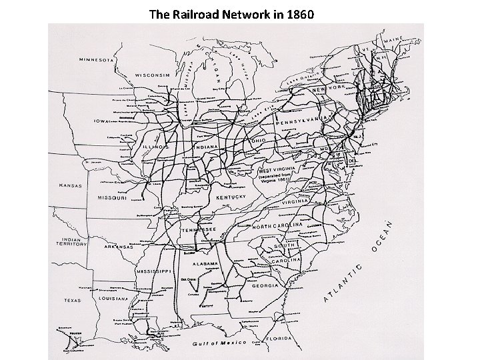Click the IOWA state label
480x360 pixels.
[x=101, y=122]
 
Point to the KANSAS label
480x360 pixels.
[x=70, y=185]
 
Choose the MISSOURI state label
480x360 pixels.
[x=113, y=198]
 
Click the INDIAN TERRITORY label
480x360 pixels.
[x=73, y=241]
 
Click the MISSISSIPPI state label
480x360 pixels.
[x=155, y=272]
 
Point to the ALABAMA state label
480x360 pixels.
[x=203, y=263]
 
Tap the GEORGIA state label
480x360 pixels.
[x=265, y=285]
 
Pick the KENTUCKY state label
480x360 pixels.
[x=231, y=198]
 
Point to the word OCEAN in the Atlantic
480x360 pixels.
[x=385, y=237]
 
